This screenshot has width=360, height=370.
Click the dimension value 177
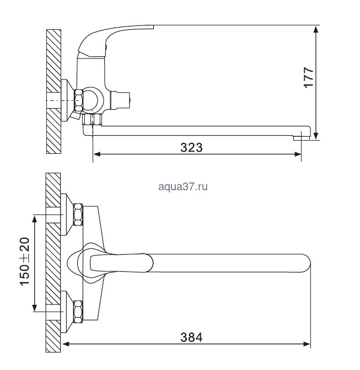click(x=309, y=77)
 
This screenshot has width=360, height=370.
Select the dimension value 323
click(x=191, y=147)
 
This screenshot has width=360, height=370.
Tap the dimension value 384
click(x=191, y=337)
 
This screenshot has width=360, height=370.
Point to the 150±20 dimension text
click(x=25, y=261)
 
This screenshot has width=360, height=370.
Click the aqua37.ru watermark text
click(x=183, y=186)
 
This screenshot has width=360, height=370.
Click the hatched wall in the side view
click(x=54, y=92)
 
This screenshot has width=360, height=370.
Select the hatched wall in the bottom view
click(x=53, y=262)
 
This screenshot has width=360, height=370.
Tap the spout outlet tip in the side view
click(x=302, y=138)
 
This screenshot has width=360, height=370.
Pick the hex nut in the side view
click(x=78, y=100)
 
